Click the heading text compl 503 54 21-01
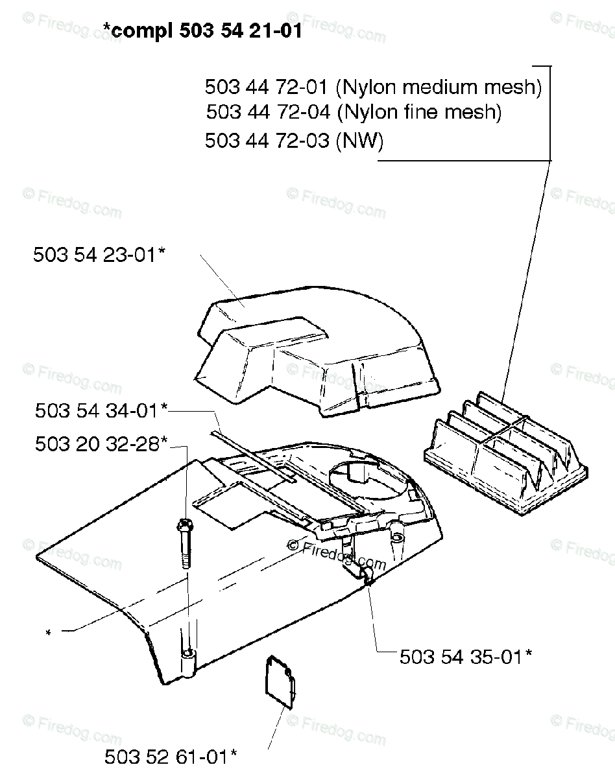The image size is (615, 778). pos(202,31)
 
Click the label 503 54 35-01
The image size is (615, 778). pos(466,657)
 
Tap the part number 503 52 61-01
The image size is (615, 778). pos(171,756)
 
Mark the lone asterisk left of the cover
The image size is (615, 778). pos(48,633)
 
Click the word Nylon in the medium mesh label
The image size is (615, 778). pos(368,87)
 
